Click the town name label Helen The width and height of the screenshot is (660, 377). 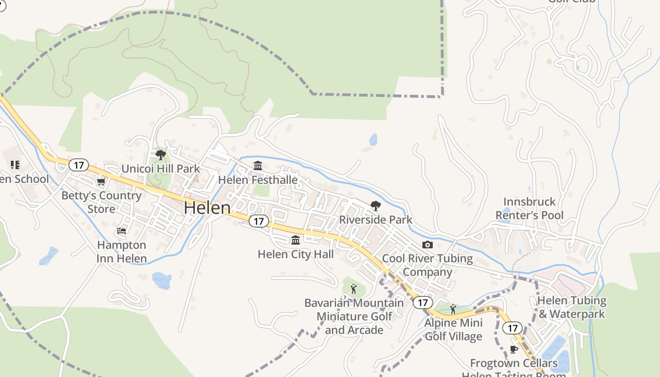(207, 207)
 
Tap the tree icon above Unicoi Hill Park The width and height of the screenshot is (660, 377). (161, 155)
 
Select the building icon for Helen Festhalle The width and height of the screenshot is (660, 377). (258, 166)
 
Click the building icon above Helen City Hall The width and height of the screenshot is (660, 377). (296, 240)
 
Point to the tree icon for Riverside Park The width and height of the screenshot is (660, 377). (376, 205)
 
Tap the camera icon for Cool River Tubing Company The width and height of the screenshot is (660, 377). (428, 245)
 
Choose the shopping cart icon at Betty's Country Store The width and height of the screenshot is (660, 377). (101, 182)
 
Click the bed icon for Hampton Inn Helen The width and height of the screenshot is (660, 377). (122, 231)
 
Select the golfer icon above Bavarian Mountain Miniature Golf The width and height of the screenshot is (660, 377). (354, 289)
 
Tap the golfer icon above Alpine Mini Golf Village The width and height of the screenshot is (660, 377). (453, 309)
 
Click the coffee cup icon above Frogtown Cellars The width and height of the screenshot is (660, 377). (514, 349)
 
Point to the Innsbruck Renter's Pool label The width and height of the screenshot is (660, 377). (529, 209)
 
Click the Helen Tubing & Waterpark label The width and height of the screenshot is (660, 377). (571, 307)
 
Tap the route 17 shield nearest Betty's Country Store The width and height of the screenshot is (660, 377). (79, 165)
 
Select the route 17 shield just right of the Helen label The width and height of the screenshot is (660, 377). (259, 221)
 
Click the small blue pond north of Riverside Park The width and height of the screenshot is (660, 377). (373, 139)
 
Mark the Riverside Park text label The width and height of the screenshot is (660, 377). (376, 220)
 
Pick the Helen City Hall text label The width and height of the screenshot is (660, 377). (296, 254)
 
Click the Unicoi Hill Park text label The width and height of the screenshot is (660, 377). (161, 169)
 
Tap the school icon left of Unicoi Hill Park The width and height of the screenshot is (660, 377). (15, 164)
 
